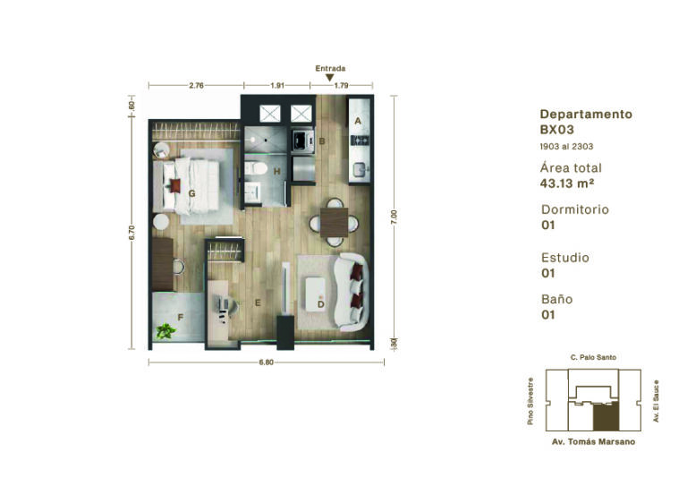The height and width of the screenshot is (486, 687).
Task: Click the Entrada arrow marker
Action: pos(330,78)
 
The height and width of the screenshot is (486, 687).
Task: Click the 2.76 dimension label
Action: pos(196,85)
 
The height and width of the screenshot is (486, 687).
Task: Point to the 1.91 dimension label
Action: pos(277,85)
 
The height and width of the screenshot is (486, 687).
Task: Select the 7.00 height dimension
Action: pos(394,217)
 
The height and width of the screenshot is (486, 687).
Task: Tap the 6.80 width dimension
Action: pos(266,362)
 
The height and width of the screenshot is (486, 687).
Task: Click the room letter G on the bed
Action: pos(192,193)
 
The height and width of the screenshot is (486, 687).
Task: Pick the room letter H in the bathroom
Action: pos(277,171)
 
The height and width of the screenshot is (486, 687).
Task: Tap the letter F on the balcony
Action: pos(180,317)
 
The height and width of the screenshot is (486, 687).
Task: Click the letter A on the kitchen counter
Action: pos(358,121)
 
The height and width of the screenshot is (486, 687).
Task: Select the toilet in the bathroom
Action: pos(256,168)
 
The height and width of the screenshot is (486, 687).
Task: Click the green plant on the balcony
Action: pos(165,331)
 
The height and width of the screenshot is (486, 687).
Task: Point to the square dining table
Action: pos(334,223)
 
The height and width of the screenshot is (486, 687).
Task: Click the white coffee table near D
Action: pos(315,294)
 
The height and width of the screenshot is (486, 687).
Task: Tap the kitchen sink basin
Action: pos(360,169)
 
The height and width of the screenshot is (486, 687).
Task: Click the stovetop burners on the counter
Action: pos(360,141)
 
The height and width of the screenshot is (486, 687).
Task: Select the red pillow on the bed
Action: pos(174,186)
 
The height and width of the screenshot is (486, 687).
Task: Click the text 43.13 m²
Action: pos(567,183)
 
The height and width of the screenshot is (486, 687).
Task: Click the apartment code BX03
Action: pos(557,130)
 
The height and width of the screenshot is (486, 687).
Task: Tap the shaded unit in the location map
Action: pos(606,417)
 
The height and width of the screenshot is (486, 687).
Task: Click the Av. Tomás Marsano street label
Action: pos(593,442)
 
